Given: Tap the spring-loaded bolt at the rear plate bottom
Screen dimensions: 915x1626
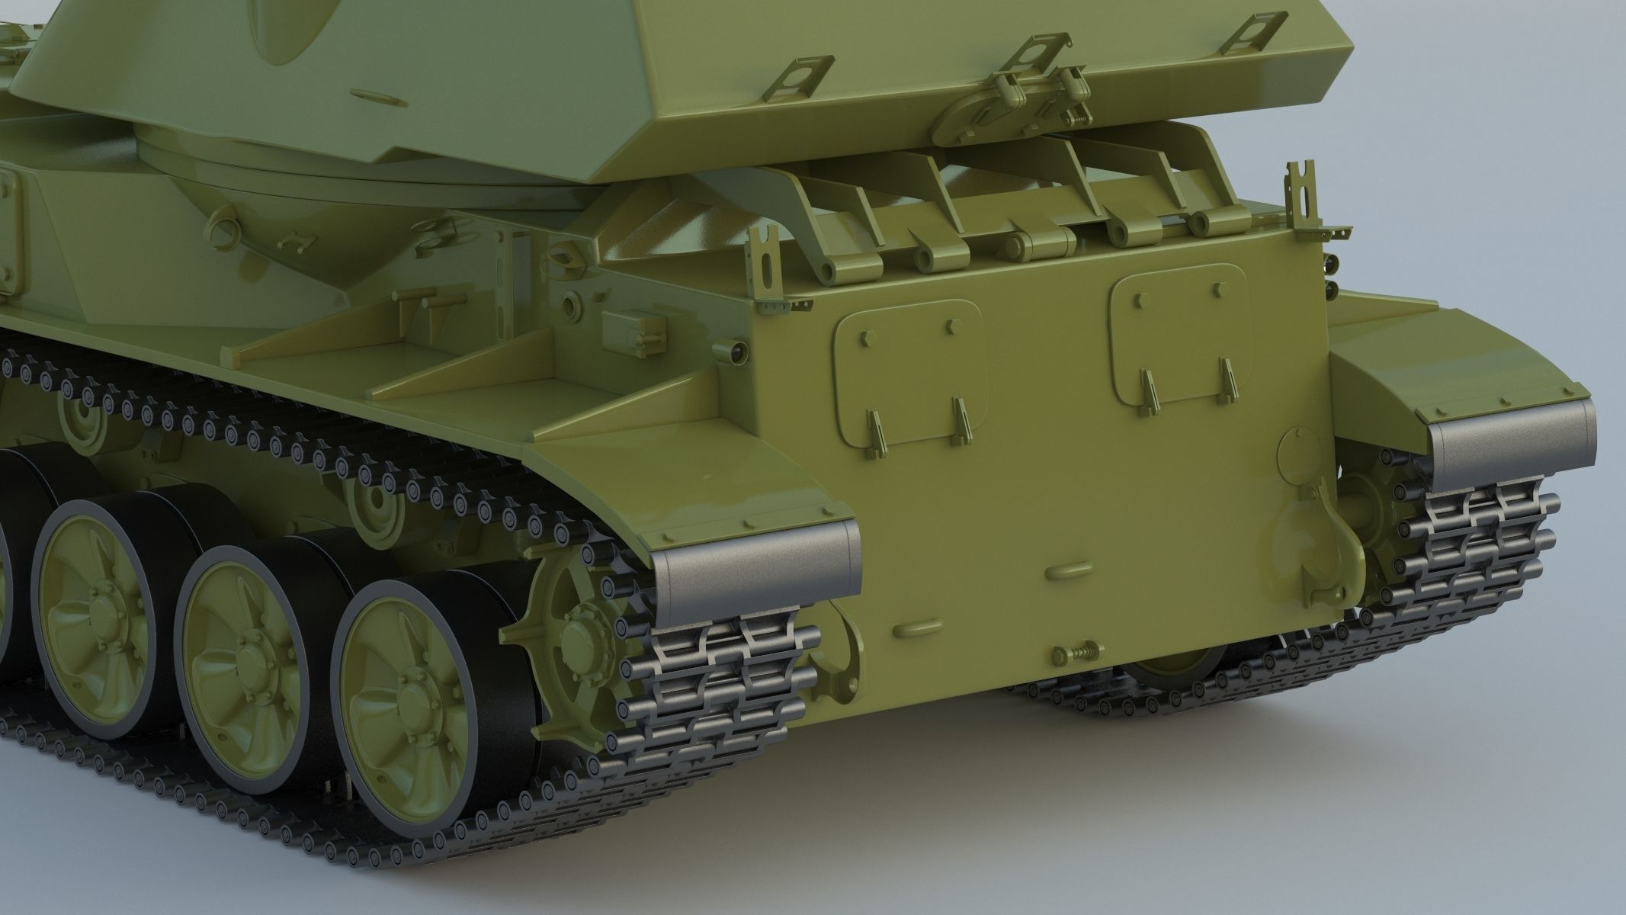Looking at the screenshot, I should pos(1075,654).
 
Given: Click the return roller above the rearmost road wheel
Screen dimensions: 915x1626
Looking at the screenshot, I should pos(374,503).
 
